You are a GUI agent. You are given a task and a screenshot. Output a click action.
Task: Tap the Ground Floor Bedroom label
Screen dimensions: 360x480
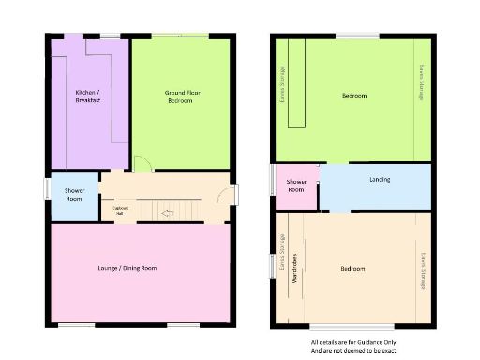pyautogui.click(x=180, y=96)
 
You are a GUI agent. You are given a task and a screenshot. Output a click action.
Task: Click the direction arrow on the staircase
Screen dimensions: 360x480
pyautogui.click(x=167, y=214)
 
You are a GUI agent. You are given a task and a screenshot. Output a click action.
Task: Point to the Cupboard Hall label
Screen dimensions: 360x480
pyautogui.click(x=120, y=210)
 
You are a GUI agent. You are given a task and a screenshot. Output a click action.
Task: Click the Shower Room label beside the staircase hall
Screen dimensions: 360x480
pyautogui.click(x=74, y=194)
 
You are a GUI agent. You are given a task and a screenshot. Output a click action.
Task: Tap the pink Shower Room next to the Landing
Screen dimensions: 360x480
pyautogui.click(x=296, y=186)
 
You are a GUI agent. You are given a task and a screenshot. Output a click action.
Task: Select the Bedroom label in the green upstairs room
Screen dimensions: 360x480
pyautogui.click(x=354, y=96)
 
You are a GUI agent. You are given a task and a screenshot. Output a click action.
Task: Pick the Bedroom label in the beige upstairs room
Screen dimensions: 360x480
pyautogui.click(x=352, y=269)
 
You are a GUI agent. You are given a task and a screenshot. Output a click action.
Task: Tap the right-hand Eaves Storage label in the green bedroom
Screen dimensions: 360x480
pyautogui.click(x=421, y=82)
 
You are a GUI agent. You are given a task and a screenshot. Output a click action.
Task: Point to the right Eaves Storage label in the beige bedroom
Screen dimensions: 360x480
pyautogui.click(x=422, y=269)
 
